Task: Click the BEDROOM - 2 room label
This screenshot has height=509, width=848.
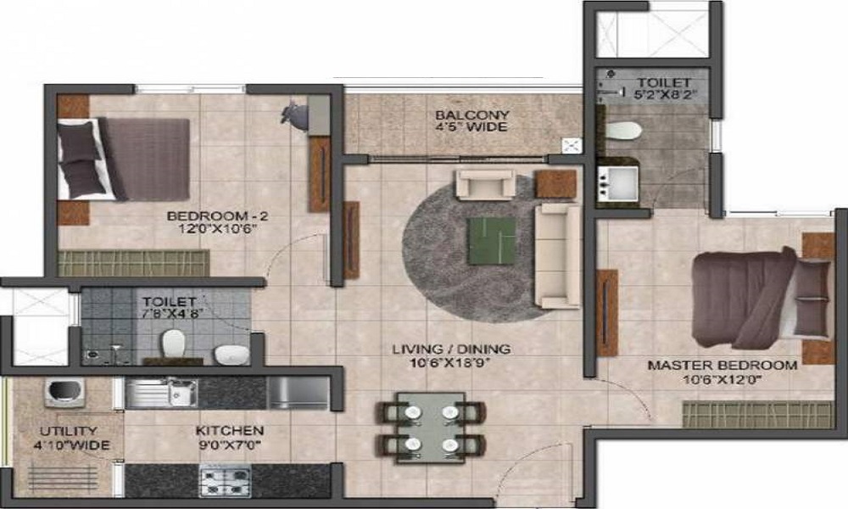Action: coord(212,215)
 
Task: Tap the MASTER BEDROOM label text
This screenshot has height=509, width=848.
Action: coord(722,366)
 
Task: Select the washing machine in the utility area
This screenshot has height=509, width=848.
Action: coord(62,392)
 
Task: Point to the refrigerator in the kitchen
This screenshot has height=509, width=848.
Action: coord(298,393)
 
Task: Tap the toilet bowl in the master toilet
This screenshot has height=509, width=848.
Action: coord(624,131)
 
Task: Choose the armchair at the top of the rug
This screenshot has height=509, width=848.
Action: coord(485,184)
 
